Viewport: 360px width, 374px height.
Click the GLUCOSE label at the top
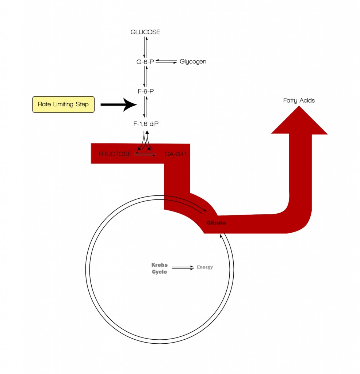tap(145, 32)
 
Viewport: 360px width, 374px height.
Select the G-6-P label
tap(145, 62)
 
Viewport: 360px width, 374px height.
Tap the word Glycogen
tap(193, 61)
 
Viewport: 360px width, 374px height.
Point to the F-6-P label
tap(146, 91)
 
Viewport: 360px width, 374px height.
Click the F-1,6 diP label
tap(146, 124)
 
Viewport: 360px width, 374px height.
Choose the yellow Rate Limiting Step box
tap(63, 104)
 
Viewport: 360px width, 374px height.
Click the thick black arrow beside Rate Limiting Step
tap(118, 104)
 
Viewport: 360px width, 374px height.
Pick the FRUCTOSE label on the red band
tap(115, 154)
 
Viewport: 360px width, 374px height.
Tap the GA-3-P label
tap(175, 154)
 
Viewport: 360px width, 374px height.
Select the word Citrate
tap(216, 223)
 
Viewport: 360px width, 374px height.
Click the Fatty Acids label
tap(299, 100)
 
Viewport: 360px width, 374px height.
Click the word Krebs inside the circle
tap(160, 265)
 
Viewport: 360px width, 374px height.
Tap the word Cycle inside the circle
tap(160, 272)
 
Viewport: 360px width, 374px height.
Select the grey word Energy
tap(205, 267)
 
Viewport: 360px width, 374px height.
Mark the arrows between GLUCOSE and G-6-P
tap(145, 47)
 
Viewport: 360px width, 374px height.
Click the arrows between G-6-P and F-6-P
tap(146, 77)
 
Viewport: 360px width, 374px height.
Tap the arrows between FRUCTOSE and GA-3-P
tap(145, 154)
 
